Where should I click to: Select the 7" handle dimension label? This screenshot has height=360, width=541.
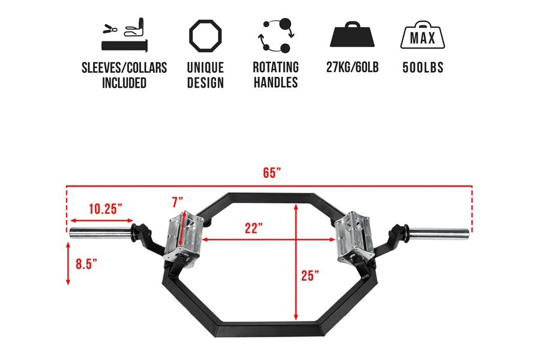pos(177,201)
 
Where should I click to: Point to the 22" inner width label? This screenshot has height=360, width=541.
pos(254,229)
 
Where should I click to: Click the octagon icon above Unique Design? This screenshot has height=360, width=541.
pos(205,37)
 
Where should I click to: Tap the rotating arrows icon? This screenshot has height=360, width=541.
pos(275,37)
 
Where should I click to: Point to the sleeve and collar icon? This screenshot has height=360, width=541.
pos(124,35)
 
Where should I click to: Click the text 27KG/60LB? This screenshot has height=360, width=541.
pos(352,67)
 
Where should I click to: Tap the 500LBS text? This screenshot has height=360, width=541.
pos(423,67)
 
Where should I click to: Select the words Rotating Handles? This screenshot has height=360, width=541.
pos(275,74)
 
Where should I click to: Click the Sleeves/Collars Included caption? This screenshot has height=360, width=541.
pos(124,75)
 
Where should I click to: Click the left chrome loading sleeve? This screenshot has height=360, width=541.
pos(100,233)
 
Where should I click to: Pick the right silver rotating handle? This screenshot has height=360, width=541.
pos(354,237)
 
